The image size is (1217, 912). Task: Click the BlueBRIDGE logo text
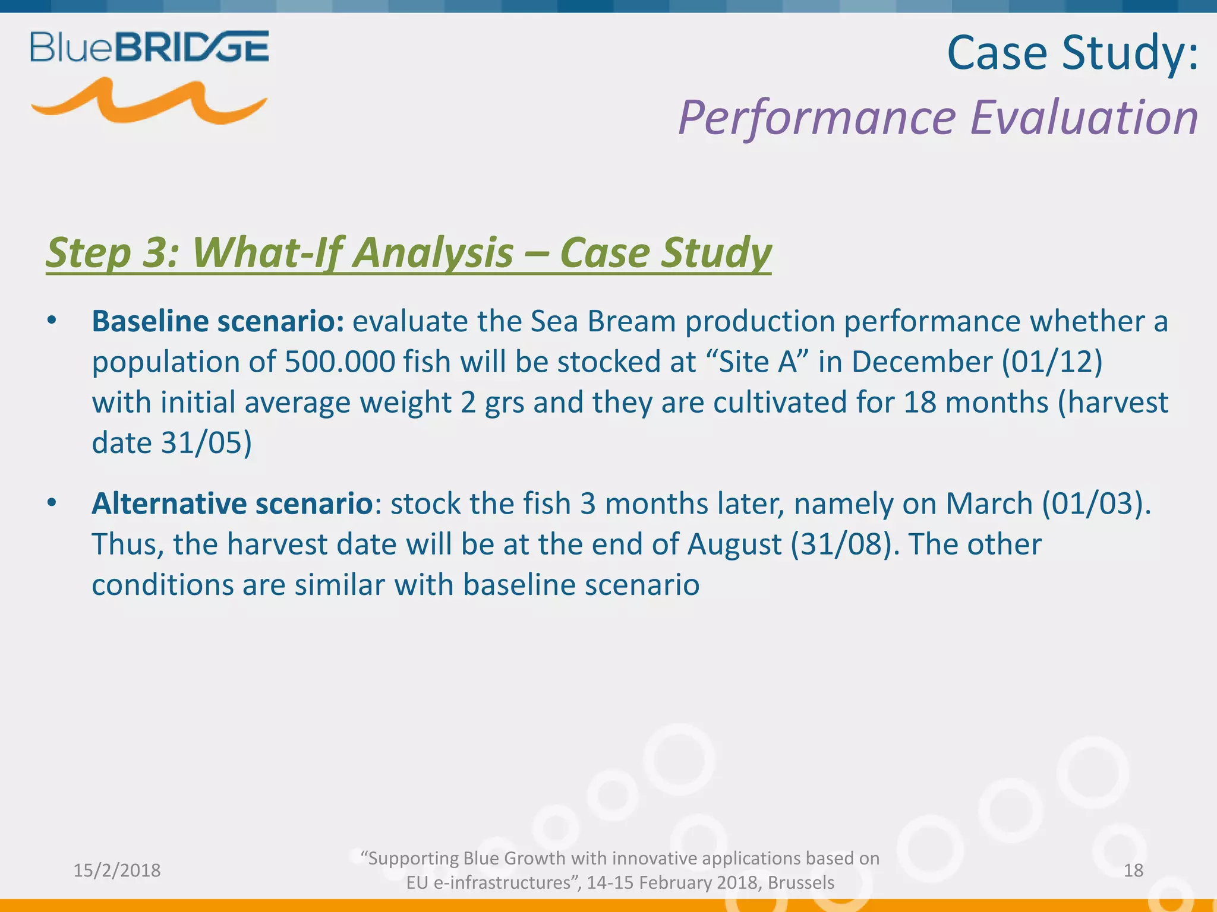pyautogui.click(x=149, y=47)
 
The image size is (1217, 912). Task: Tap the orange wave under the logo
pyautogui.click(x=149, y=102)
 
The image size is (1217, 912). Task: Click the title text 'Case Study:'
pyautogui.click(x=1073, y=53)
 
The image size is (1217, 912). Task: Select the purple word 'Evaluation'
pyautogui.click(x=1084, y=117)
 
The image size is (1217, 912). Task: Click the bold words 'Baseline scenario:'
pyautogui.click(x=217, y=321)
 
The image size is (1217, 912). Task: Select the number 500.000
pyautogui.click(x=339, y=362)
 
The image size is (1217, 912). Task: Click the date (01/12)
pyautogui.click(x=1052, y=362)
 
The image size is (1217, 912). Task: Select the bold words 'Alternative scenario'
pyautogui.click(x=232, y=503)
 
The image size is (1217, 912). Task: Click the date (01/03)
pyautogui.click(x=1096, y=503)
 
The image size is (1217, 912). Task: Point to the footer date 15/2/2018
pyautogui.click(x=116, y=870)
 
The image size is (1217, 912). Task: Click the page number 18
pyautogui.click(x=1133, y=870)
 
